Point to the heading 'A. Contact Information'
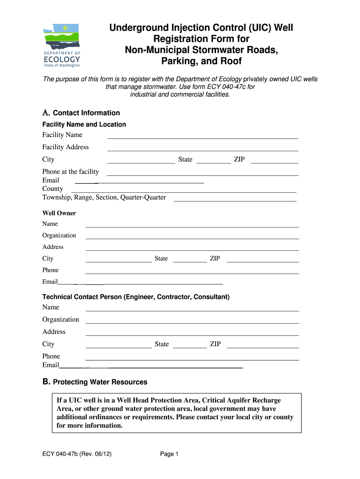[x=81, y=113]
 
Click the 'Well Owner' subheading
[x=59, y=213]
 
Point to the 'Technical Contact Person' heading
[x=136, y=297]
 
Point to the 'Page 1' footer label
[x=169, y=454]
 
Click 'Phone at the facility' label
[x=71, y=172]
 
